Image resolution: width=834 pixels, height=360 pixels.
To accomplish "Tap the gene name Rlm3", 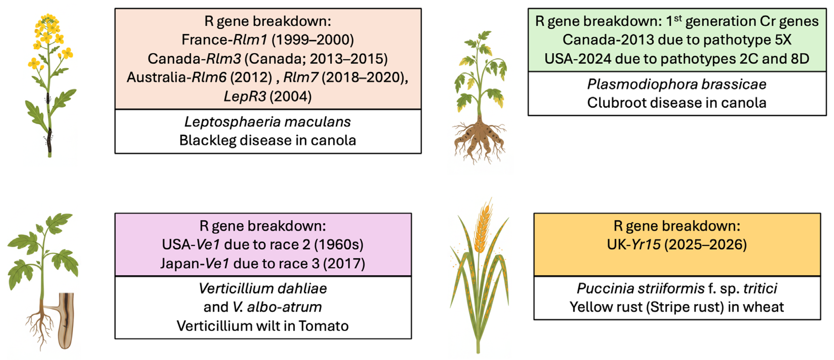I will click(223, 58).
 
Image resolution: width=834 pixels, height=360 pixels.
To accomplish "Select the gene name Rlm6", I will click(209, 77).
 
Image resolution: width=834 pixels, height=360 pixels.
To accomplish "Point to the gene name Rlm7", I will click(301, 77).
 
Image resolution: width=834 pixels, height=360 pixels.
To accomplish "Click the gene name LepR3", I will click(245, 96).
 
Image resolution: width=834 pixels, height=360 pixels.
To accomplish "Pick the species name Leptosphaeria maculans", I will click(268, 122).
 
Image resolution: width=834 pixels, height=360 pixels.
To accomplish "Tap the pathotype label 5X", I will click(783, 40).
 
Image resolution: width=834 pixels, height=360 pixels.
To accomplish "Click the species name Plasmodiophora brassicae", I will click(677, 84).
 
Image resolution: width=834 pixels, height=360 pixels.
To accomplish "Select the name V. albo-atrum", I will click(277, 307).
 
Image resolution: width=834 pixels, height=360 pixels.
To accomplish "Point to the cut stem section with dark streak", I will click(66, 321).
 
